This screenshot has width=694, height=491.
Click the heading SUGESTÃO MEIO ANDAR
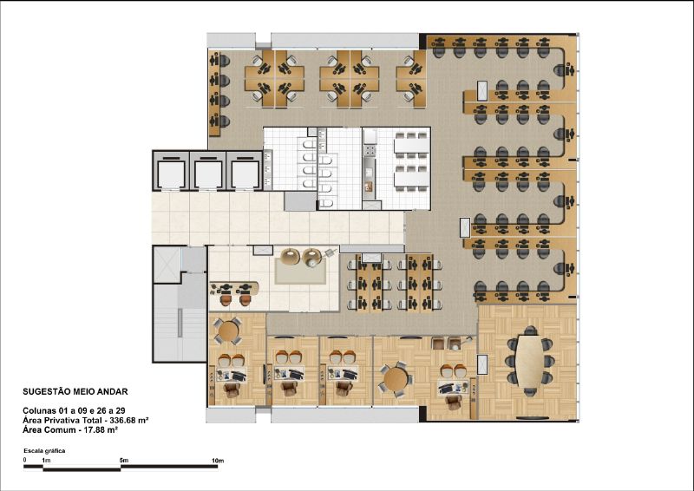tap(75, 391)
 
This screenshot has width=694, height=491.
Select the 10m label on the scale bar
tap(218, 461)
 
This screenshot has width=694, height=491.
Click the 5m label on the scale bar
tap(124, 461)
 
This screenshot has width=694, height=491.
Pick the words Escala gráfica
tap(45, 451)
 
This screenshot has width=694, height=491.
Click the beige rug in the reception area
tap(301, 271)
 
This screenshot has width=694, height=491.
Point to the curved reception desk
tap(233, 288)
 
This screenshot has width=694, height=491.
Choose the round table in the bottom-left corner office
tap(228, 331)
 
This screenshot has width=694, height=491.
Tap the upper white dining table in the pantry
tap(411, 146)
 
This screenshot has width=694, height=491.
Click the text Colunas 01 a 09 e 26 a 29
tap(74, 411)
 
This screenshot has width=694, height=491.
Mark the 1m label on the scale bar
tap(46, 461)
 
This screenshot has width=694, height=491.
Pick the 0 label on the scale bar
tap(25, 460)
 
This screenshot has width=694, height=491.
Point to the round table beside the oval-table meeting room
tap(396, 379)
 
